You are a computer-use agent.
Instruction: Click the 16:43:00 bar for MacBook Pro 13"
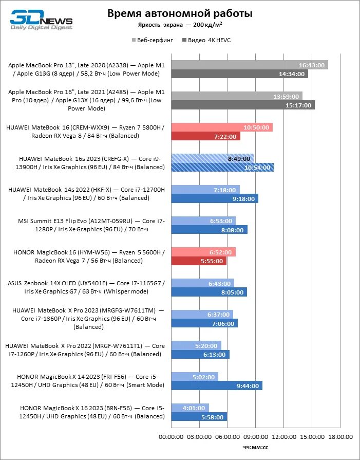tap(249, 65)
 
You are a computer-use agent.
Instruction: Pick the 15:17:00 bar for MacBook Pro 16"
tap(242, 105)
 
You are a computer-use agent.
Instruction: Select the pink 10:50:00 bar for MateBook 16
tap(221, 127)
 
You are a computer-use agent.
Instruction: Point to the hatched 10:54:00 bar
tap(222, 167)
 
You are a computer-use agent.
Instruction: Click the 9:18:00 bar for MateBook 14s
tap(214, 198)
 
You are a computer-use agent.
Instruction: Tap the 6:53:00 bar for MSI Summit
tap(203, 221)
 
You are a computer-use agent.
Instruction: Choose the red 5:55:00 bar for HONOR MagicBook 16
tap(198, 261)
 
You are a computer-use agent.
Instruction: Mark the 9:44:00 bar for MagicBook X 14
tap(216, 385)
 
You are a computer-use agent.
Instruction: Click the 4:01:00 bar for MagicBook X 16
tap(190, 408)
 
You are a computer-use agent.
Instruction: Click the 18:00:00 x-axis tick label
tap(339, 437)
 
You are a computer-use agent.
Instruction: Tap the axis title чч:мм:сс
tap(255, 448)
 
